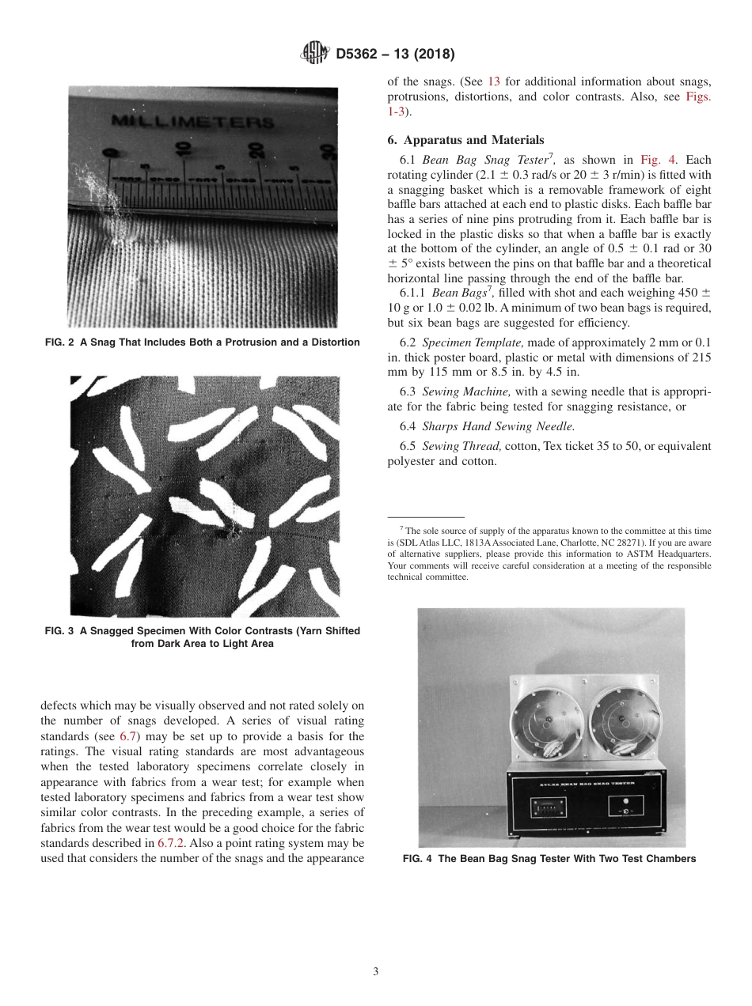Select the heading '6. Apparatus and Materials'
pos(465,140)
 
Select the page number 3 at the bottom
pos(375,971)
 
